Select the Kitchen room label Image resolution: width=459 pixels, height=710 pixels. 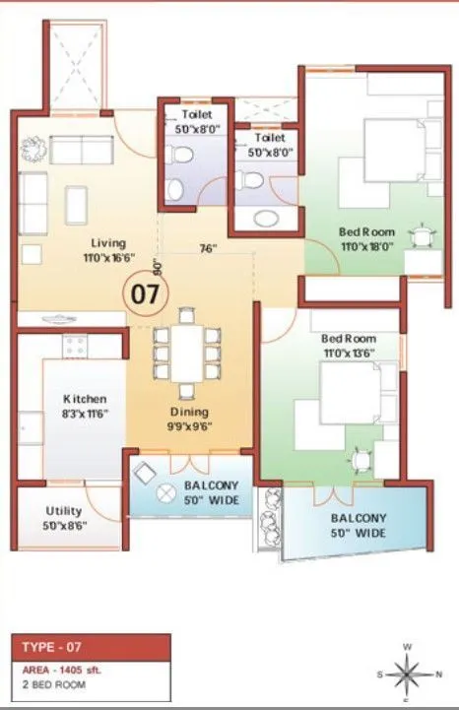tap(85, 399)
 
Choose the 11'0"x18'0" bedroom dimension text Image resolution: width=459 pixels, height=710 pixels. tap(366, 247)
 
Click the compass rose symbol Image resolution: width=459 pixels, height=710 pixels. tap(407, 676)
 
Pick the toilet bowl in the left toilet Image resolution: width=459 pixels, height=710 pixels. tap(179, 155)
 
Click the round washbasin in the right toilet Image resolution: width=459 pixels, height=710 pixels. tap(266, 219)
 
